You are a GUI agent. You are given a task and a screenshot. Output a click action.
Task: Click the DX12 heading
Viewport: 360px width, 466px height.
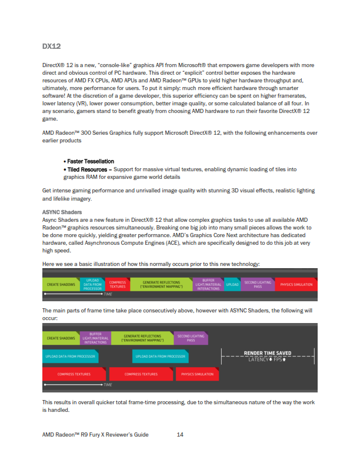[x=52, y=45]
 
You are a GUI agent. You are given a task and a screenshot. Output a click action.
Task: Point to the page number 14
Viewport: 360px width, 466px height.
[x=181, y=434]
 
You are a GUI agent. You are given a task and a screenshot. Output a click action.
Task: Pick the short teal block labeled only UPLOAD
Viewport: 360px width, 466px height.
[x=232, y=285]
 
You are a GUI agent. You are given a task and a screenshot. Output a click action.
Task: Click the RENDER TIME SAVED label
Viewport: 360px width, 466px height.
[x=268, y=353]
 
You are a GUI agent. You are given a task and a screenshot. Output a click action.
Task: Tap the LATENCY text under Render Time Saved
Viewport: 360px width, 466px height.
[x=257, y=359]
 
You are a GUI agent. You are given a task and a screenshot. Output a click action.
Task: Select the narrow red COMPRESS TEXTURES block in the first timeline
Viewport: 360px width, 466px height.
[x=118, y=285]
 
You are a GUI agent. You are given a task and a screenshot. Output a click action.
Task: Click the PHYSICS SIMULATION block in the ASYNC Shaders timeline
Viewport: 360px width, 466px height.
[x=197, y=374]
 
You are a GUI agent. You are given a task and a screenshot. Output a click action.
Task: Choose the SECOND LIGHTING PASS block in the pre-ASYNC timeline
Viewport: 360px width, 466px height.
[x=258, y=285]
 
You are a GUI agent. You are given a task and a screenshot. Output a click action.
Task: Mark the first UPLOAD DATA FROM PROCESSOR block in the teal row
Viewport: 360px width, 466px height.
[x=71, y=356]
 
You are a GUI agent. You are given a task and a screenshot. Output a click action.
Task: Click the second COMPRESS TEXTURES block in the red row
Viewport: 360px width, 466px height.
[x=141, y=374]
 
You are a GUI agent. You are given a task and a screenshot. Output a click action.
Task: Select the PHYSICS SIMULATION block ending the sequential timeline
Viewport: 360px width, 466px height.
[x=296, y=285]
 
